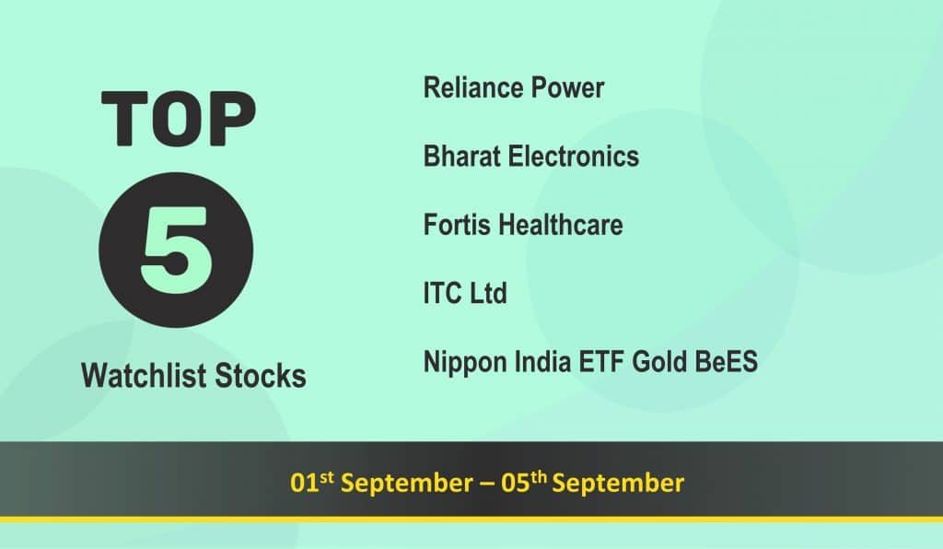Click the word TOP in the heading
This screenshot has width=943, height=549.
(x=179, y=119)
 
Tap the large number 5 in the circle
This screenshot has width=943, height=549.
(x=177, y=251)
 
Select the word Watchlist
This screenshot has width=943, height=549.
(x=144, y=375)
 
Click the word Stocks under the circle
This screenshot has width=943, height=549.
(x=261, y=375)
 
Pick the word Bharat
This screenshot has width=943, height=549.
(x=462, y=157)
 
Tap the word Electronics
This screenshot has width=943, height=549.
(x=573, y=157)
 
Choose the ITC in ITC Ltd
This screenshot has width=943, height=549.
(x=443, y=294)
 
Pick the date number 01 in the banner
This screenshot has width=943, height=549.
(x=304, y=484)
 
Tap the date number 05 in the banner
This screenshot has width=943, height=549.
(x=516, y=484)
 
